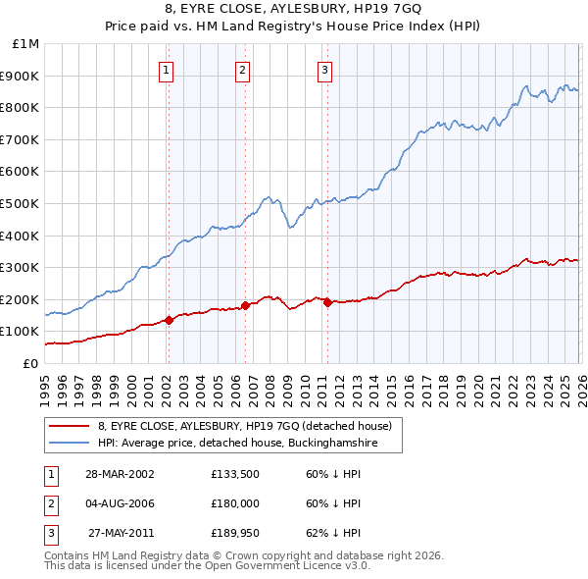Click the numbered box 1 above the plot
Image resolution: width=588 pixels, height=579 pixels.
168,70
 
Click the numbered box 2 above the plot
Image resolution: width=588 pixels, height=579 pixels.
242,70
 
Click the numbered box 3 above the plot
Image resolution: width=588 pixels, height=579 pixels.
324,70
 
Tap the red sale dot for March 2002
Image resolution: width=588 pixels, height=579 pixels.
169,320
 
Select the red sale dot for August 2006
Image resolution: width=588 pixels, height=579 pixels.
245,305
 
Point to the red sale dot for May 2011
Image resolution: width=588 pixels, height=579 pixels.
327,302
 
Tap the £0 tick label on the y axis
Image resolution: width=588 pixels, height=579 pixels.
29,363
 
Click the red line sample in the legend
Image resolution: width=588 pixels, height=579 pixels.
69,426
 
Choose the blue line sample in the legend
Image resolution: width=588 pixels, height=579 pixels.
69,444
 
